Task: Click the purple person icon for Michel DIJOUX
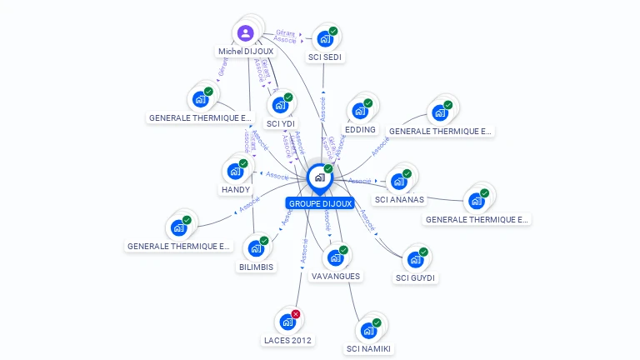[245, 33]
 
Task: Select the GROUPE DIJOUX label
[320, 202]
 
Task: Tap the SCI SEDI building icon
[324, 38]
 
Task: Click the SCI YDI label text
[281, 124]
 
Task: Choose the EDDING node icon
[359, 111]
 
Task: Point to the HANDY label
[235, 189]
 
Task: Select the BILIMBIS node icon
[255, 248]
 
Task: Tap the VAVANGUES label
[335, 276]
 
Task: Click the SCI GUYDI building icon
[414, 259]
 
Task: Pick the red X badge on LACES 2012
[296, 314]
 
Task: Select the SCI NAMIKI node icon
[367, 330]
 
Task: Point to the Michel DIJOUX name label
[246, 52]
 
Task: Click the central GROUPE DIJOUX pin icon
[319, 177]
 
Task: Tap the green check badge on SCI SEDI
[333, 31]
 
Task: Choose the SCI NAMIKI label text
[368, 348]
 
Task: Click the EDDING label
[360, 130]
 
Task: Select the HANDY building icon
[234, 172]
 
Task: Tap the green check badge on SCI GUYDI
[423, 252]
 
